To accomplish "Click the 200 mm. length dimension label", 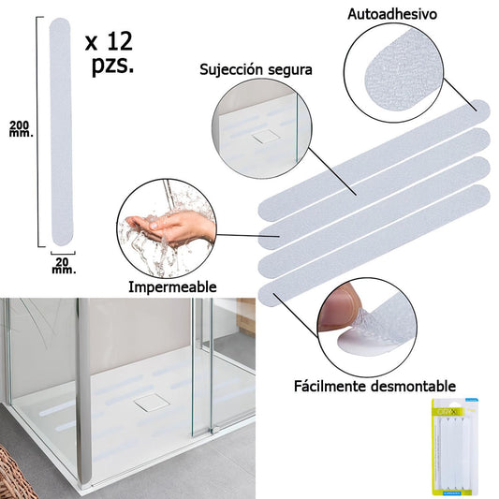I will point(21,129).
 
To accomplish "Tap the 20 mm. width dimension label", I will point(63,264).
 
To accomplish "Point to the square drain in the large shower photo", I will point(147,404).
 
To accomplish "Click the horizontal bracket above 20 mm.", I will point(63,251).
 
